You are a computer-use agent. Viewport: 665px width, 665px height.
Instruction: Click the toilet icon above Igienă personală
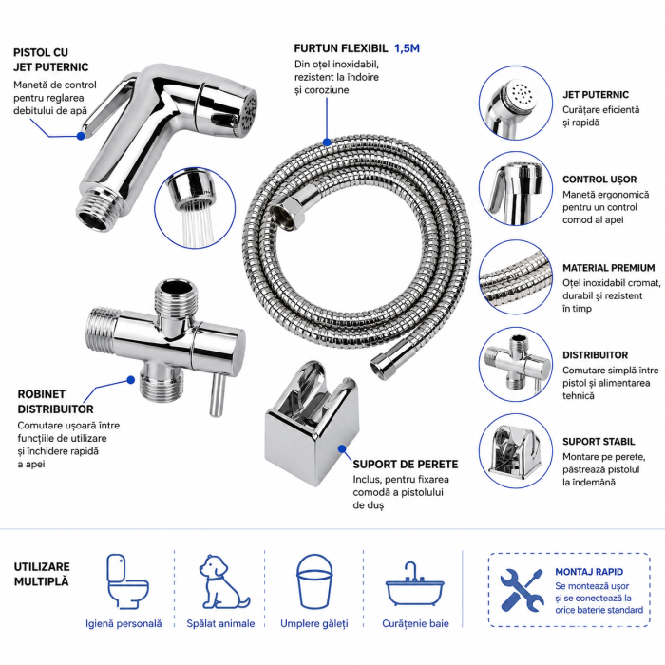127,580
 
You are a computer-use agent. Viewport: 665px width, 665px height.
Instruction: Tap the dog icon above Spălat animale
223,581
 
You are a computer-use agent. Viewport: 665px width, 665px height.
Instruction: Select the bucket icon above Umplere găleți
314,581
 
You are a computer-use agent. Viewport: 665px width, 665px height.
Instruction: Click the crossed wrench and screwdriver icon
522,590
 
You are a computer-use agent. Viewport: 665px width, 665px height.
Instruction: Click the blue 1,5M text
407,48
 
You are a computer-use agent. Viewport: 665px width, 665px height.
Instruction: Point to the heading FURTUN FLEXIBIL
340,48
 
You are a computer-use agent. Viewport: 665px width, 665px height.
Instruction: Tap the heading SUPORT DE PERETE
406,464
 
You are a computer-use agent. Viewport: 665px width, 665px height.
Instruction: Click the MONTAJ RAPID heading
589,572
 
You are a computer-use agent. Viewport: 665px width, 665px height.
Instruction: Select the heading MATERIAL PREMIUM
609,268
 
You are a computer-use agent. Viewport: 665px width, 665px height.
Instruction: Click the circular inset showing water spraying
195,208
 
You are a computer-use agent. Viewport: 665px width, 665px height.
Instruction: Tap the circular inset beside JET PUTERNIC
516,103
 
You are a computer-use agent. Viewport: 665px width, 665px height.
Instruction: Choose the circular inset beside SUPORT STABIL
516,451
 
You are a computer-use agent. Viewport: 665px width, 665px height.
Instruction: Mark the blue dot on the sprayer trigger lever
81,136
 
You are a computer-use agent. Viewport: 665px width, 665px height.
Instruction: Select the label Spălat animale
220,623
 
